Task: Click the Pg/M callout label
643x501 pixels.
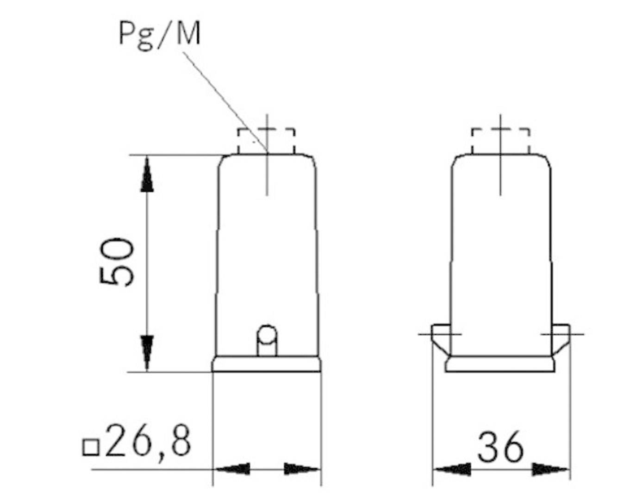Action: (x=160, y=34)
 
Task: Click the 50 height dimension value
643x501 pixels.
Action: (x=116, y=262)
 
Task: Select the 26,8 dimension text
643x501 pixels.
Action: (x=148, y=442)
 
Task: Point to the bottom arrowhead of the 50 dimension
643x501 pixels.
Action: (x=147, y=352)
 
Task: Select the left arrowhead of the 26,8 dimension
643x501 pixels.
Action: (x=232, y=469)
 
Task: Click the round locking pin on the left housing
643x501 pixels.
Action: (x=267, y=334)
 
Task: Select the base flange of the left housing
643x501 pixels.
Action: (x=266, y=364)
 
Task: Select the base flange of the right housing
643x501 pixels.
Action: (x=500, y=364)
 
